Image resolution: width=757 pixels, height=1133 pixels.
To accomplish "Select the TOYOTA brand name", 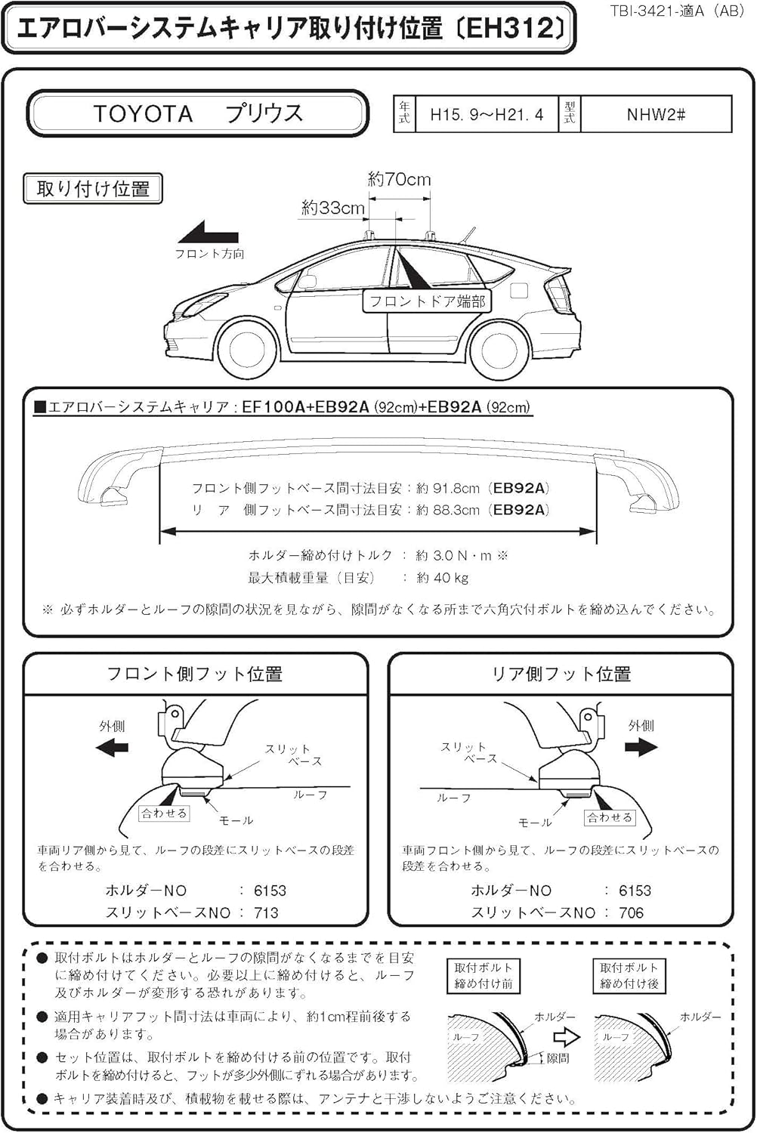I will [144, 114].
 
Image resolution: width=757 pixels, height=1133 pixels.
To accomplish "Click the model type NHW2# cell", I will [655, 115].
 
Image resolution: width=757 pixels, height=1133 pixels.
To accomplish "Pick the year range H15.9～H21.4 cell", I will [487, 115].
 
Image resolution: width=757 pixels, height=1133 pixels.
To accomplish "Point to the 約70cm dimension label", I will [399, 180].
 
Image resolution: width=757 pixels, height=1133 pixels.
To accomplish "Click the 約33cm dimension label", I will [332, 208].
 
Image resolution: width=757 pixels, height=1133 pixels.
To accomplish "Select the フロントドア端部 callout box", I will [427, 301].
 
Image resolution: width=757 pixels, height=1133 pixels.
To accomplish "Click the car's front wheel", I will [247, 348].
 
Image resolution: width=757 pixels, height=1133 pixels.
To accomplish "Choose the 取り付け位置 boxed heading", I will [93, 189].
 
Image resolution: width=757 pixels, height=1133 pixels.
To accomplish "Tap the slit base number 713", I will [266, 912].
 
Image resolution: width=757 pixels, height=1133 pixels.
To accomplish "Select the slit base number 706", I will [631, 912].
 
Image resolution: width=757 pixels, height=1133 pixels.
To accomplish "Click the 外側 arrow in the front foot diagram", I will [113, 748].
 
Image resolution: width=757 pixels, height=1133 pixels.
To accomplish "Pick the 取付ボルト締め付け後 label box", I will [629, 975].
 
